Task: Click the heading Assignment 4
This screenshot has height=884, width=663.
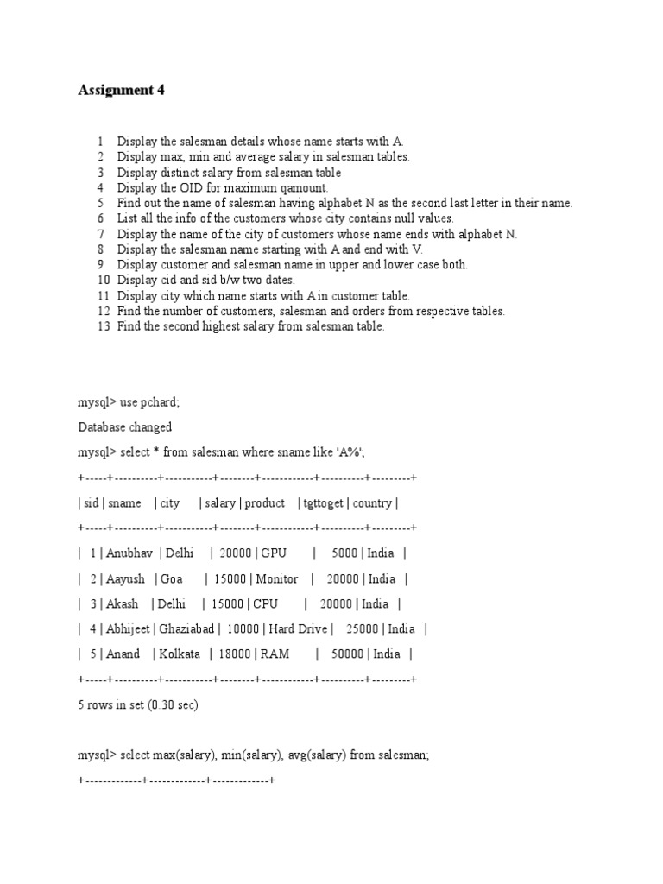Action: click(121, 90)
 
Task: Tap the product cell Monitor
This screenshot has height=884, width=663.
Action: click(277, 579)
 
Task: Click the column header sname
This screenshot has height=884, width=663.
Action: click(124, 503)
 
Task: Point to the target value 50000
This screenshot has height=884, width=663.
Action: click(344, 654)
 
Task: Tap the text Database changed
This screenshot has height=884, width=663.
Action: click(124, 427)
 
